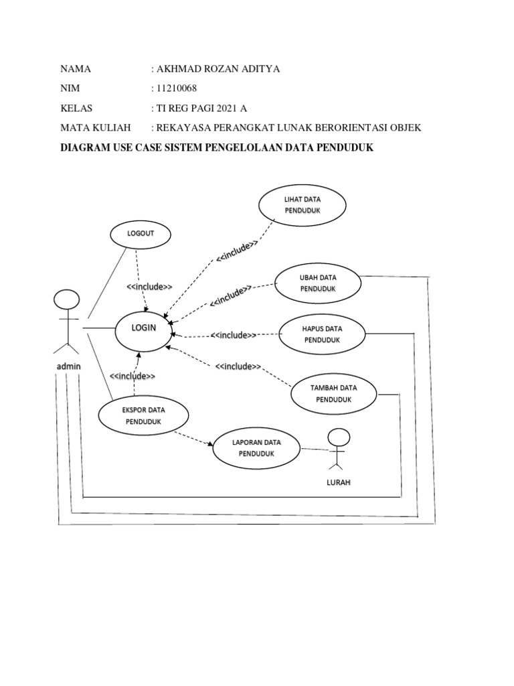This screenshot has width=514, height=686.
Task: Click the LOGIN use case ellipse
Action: (x=143, y=328)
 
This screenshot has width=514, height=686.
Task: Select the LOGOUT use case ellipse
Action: (x=140, y=234)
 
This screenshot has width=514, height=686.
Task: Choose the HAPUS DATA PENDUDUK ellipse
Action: (x=323, y=334)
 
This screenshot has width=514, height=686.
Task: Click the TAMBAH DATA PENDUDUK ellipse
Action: (x=334, y=393)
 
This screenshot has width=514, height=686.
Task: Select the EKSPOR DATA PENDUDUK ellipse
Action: (x=143, y=415)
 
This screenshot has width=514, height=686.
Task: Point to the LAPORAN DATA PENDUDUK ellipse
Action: (x=256, y=448)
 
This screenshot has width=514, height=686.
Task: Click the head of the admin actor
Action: (x=66, y=299)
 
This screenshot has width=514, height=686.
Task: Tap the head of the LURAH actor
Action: (x=339, y=438)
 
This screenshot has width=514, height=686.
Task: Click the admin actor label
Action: (x=68, y=367)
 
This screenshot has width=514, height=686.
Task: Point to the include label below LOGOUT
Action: (x=149, y=287)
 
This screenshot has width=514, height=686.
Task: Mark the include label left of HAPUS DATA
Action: (x=234, y=335)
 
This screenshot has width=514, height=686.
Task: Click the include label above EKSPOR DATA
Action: (x=133, y=376)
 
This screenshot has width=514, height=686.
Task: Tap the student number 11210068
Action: (x=177, y=88)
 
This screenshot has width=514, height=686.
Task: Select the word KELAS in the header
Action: (x=76, y=108)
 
